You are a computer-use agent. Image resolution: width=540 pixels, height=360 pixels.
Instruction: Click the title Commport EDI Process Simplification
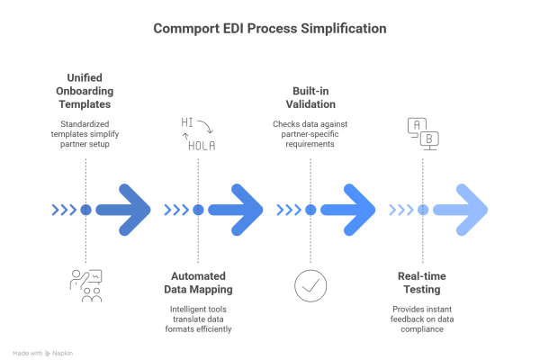[x=270, y=29]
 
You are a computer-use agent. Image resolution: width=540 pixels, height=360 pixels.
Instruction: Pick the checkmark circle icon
[x=310, y=284]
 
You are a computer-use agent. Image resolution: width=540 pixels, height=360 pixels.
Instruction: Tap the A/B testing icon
[x=423, y=134]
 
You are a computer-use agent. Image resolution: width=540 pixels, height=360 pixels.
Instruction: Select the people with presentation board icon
[x=85, y=284]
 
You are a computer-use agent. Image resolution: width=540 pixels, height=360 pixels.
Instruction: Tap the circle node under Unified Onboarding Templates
[x=85, y=210]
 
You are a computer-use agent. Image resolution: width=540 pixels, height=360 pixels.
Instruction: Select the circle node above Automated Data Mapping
[x=198, y=210]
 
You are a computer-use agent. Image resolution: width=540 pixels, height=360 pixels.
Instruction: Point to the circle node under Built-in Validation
[x=310, y=210]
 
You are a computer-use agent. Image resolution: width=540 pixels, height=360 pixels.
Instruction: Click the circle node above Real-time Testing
[x=423, y=210]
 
